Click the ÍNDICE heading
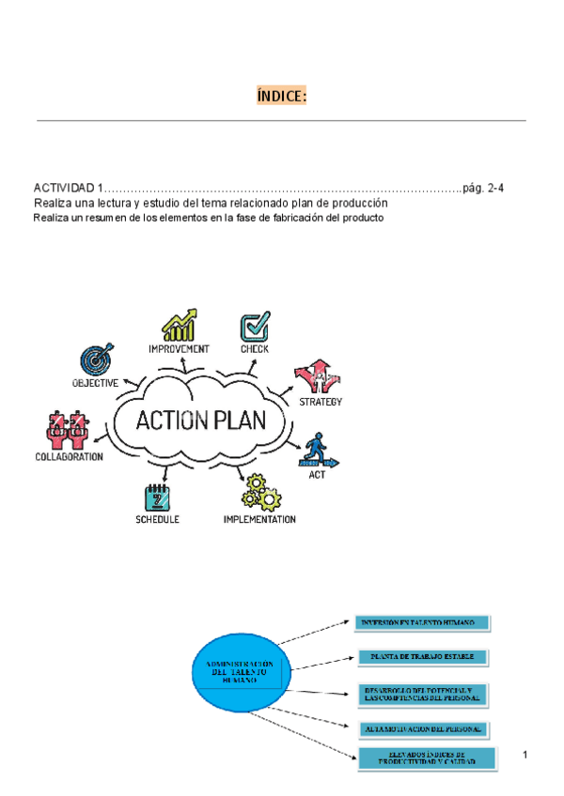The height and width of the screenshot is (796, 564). coord(281,97)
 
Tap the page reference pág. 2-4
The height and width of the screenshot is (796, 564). coord(483,189)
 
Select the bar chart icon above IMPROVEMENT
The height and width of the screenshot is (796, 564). coord(179,325)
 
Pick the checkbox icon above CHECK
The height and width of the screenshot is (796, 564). coord(255,327)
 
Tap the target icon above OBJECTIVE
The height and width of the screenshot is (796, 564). coord(96,359)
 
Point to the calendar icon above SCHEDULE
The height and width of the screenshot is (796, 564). coord(156,497)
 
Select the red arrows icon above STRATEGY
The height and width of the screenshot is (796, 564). coord(315,377)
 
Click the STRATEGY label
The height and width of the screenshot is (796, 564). coord(321,402)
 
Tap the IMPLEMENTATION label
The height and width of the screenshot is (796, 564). coord(259,519)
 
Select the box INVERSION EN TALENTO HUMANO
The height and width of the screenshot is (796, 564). coord(423,622)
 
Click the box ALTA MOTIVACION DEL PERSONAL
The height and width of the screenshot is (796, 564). coord(423,727)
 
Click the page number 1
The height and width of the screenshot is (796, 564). coord(526,757)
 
